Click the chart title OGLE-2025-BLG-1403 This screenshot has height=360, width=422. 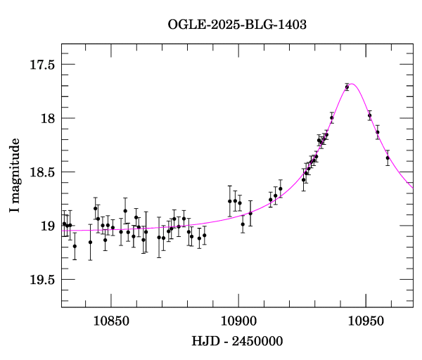(x=237, y=24)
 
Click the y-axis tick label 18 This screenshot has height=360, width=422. (x=48, y=118)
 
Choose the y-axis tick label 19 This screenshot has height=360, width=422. (x=48, y=226)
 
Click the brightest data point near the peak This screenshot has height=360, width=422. (x=347, y=87)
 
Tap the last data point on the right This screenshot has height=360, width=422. (x=388, y=157)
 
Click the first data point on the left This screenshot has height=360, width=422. (x=64, y=224)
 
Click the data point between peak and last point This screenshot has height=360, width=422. (x=378, y=132)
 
